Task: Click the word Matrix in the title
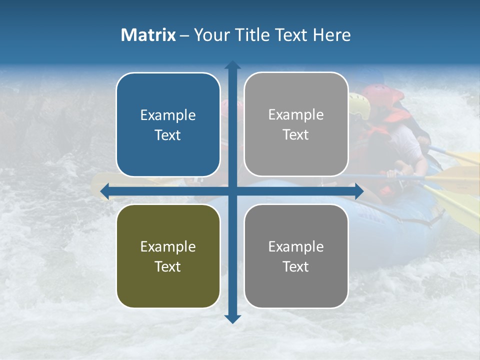[x=148, y=35]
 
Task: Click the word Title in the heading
[x=255, y=35]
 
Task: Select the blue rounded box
[x=168, y=124]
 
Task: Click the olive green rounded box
[x=168, y=256]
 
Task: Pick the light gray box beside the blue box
[x=296, y=124]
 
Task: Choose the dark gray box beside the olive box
[x=296, y=256]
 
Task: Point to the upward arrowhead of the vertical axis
[x=232, y=65]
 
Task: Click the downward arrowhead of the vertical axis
[x=232, y=318]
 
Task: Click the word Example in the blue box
[x=168, y=115]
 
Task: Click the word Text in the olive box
[x=168, y=267]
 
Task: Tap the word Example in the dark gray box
[x=296, y=246]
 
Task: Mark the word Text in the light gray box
[x=296, y=135]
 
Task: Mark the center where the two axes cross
[x=232, y=191]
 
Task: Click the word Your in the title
[x=210, y=35]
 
